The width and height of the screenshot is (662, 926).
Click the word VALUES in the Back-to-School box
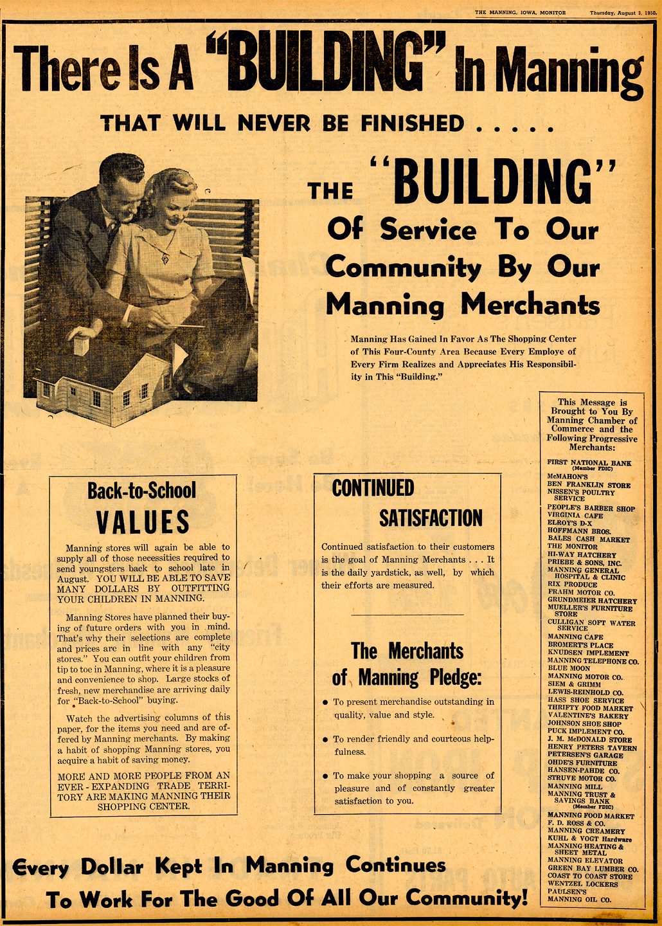143,522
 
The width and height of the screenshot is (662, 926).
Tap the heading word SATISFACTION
430,518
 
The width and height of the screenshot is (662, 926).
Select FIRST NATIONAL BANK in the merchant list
589,462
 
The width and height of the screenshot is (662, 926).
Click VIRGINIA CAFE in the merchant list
575,515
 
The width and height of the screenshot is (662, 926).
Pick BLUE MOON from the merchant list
568,668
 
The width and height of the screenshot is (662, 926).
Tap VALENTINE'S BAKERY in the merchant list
588,716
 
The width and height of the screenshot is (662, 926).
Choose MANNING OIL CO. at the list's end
579,900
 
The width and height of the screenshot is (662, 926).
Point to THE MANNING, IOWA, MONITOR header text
520,13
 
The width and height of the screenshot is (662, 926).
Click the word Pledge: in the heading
452,678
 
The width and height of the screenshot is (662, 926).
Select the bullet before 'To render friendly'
325,740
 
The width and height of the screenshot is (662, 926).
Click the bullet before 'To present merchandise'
325,702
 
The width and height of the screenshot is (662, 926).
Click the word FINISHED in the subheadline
411,123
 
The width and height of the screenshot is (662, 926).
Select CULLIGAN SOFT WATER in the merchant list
591,622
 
